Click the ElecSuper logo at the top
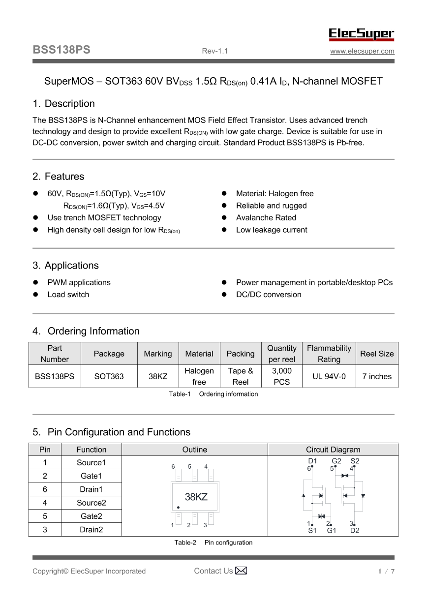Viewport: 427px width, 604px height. pos(362,34)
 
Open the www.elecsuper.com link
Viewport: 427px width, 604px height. pos(362,51)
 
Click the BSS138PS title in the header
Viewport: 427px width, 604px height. pos(61,50)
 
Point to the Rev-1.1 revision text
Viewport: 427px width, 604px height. pos(215,51)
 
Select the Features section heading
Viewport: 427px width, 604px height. pos(59,177)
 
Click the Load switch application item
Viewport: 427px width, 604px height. pos(68,295)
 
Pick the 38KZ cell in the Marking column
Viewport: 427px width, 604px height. pos(158,377)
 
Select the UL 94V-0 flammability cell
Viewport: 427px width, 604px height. pos(329,377)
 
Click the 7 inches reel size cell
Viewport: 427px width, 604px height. pos(377,377)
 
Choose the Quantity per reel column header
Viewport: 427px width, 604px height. pos(282,354)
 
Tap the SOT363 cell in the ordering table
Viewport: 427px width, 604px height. pos(109,377)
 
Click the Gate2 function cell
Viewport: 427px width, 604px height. pos(91,516)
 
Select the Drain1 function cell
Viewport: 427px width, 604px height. pos(91,489)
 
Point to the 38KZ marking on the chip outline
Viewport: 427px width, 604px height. pos(196,497)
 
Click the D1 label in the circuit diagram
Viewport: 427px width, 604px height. pos(312,461)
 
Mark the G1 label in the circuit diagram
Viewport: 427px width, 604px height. pos(332,531)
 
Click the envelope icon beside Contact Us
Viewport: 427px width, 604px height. pos(241,571)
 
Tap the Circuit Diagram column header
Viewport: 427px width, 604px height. pos(333,450)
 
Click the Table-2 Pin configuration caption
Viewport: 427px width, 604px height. pos(213,543)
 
